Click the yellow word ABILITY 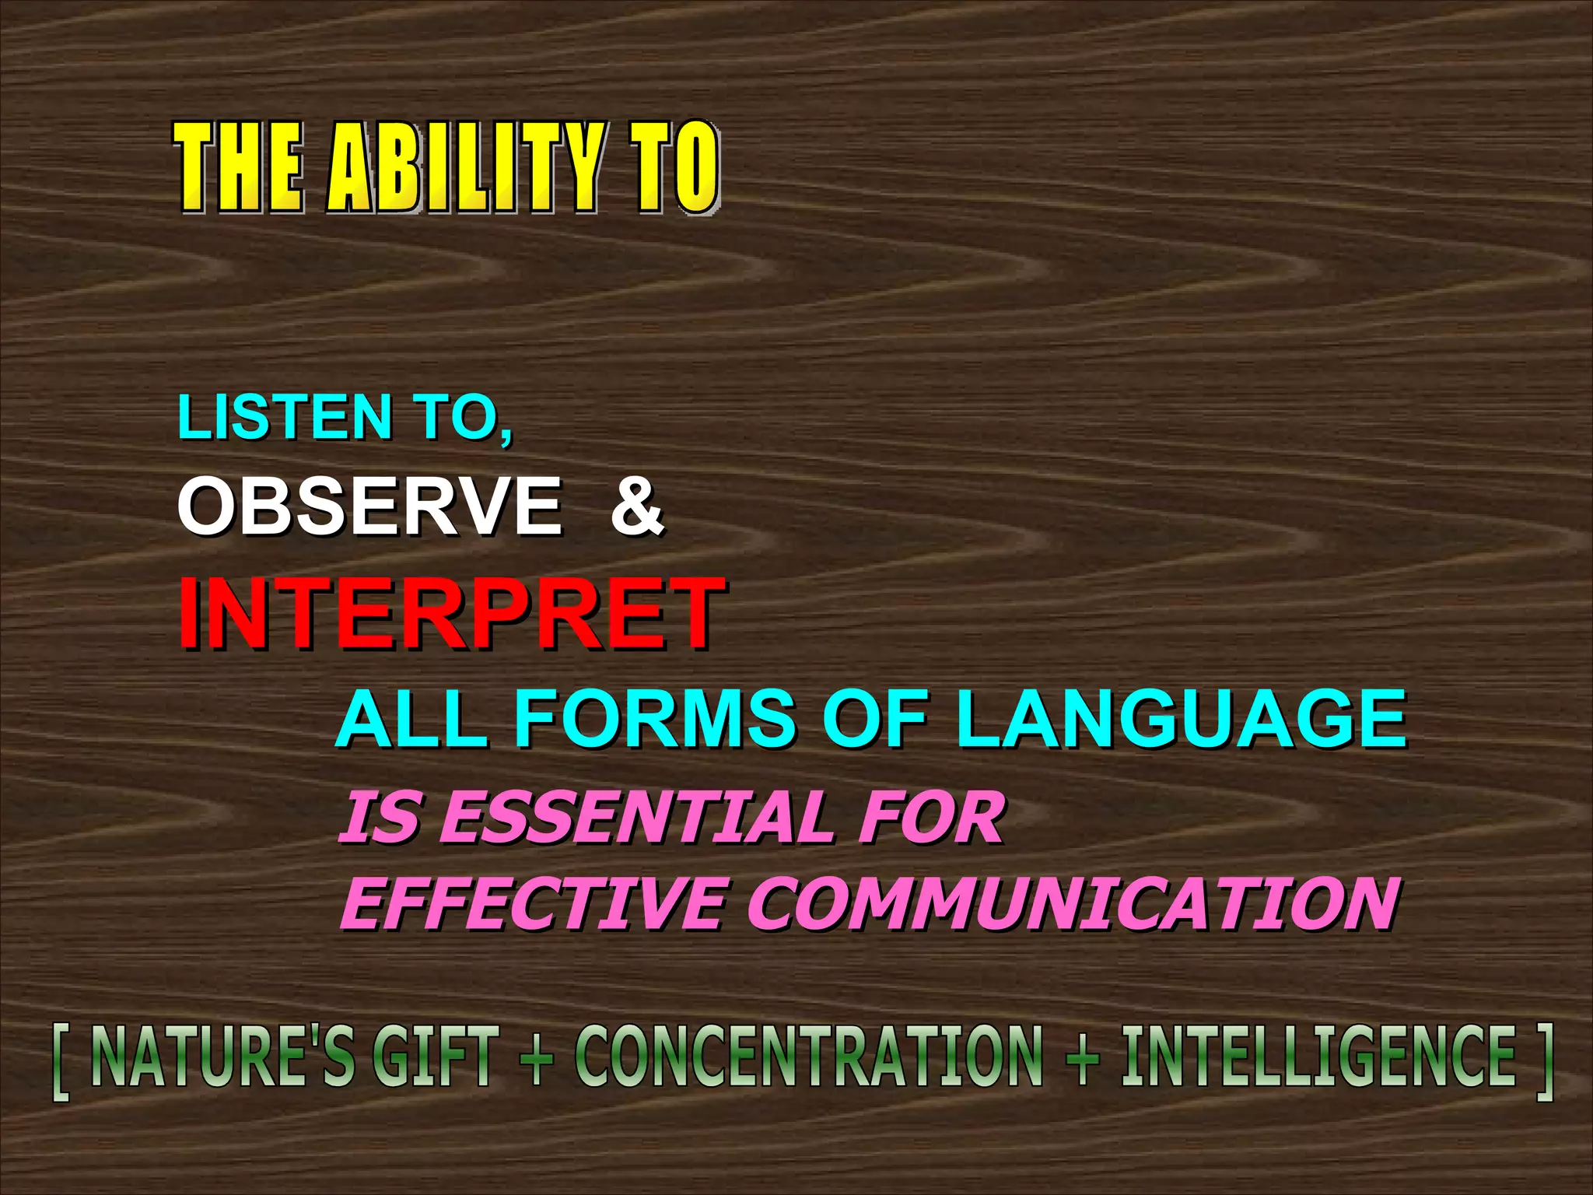point(465,167)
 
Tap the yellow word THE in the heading point(237,167)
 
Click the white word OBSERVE point(369,506)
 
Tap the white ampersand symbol point(636,506)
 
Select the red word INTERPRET point(450,612)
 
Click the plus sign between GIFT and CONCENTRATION point(537,1058)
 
